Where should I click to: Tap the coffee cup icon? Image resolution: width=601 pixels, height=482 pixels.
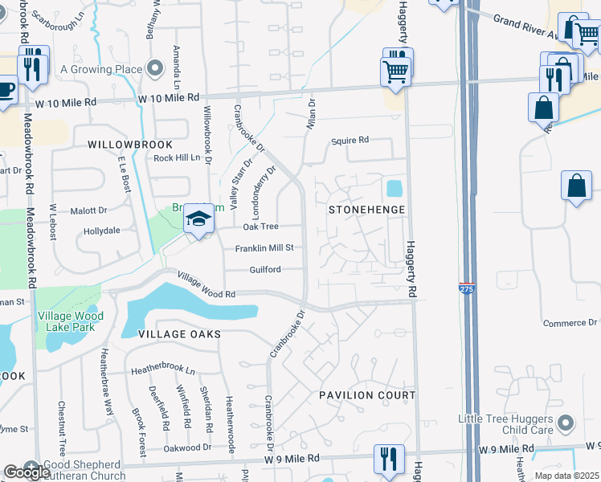5,89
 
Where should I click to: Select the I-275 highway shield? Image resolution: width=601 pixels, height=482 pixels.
466,287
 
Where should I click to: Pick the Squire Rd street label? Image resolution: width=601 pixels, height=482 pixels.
350,141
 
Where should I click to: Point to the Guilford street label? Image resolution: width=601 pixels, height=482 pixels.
264,270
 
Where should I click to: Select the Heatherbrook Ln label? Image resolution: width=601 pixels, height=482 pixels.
163,370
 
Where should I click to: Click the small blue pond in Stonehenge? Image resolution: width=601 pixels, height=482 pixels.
394,189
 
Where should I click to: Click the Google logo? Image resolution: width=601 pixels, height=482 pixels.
26,472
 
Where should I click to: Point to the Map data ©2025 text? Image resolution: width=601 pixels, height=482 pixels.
566,476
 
